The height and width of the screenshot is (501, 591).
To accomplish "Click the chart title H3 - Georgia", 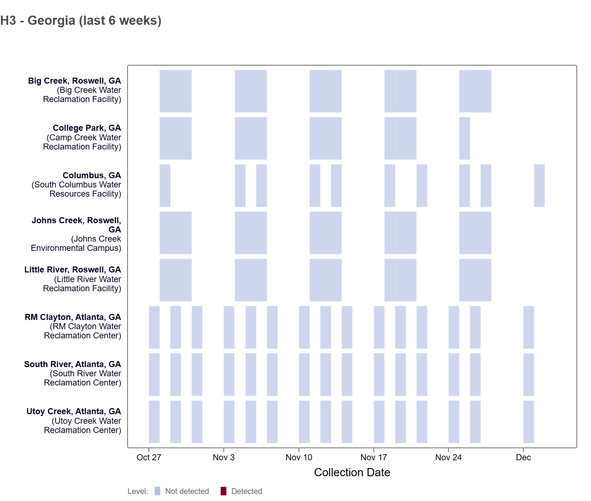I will (81, 21).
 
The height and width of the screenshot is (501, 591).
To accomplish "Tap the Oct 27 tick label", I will (149, 457).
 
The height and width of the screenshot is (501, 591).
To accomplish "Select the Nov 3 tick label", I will (224, 457).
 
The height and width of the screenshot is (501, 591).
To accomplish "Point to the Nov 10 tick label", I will (299, 457).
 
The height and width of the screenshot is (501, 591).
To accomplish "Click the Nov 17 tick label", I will (373, 457).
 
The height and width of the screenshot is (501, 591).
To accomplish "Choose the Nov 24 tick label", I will (448, 457).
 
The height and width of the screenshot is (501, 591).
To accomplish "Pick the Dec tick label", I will (523, 457).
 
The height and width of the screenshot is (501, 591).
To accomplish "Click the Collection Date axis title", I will (352, 472).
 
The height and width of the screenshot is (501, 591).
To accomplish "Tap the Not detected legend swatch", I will (158, 491).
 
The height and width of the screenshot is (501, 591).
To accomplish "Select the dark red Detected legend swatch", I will (224, 491).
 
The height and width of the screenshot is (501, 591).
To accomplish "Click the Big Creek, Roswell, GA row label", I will (74, 81).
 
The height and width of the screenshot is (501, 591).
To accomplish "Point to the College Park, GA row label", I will (87, 128).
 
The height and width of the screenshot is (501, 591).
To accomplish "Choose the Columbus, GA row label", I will (92, 175).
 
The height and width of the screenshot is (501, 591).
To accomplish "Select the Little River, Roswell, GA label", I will (73, 270).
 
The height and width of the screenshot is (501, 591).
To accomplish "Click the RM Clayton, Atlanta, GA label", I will (73, 317).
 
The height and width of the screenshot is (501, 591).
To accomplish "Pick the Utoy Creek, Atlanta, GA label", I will (74, 411).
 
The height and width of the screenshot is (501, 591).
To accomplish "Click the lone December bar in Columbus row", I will (539, 186).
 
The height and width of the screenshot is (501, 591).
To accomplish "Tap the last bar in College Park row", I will (465, 139).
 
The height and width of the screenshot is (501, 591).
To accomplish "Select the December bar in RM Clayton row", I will (529, 327).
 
